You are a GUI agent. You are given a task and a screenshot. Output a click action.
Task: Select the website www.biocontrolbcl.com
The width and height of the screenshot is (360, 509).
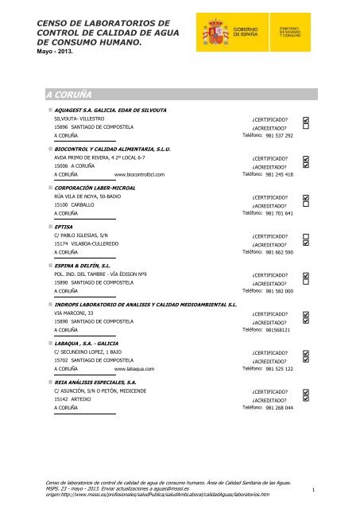click(x=139, y=174)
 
